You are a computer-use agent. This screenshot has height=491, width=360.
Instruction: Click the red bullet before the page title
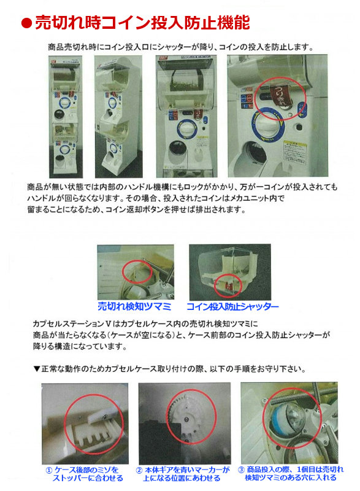26,24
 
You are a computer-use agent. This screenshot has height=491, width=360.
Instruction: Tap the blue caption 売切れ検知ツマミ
134,306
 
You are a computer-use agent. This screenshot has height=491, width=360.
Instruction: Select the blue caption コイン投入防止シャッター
232,306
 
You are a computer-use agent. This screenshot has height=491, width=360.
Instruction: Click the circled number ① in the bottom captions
50,469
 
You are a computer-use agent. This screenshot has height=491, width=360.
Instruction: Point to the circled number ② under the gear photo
139,469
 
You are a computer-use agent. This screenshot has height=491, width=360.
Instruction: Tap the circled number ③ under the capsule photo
241,469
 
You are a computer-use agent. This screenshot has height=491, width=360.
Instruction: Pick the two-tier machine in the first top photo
68,117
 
